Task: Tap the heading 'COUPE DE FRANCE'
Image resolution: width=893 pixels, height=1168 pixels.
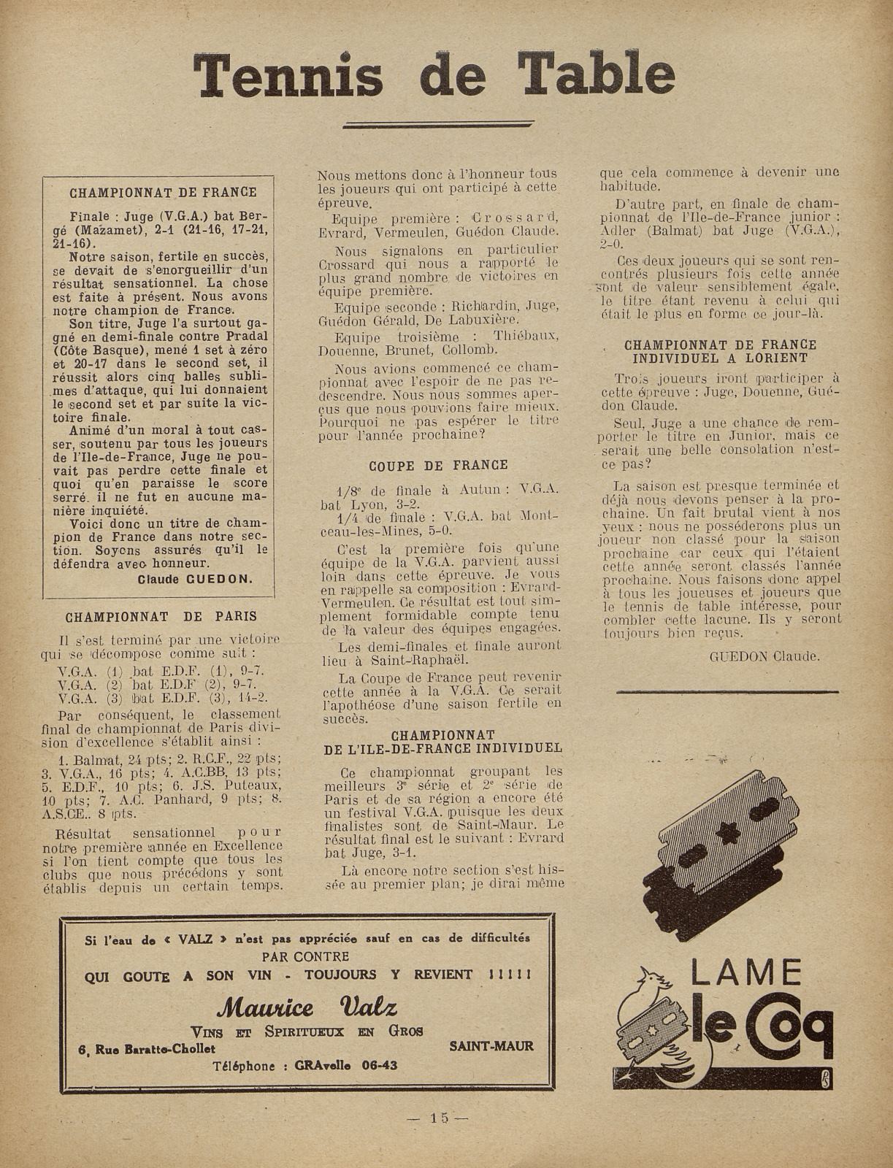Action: (x=438, y=465)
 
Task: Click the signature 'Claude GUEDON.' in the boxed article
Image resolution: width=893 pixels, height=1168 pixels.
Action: (x=195, y=579)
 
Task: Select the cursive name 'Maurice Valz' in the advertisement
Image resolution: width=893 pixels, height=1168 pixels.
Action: (x=307, y=1008)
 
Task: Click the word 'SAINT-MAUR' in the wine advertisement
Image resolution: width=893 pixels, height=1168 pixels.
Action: (x=491, y=1045)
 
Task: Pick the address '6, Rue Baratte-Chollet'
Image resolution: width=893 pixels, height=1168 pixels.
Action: (x=147, y=1049)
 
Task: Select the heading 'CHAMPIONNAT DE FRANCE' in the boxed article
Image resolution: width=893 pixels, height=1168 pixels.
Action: (x=163, y=193)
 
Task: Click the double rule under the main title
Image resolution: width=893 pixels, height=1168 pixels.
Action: (x=436, y=125)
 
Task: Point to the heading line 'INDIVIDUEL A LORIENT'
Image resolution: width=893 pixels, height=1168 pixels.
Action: (x=719, y=358)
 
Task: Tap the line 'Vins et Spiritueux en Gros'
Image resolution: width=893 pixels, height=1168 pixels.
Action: (x=307, y=1030)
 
